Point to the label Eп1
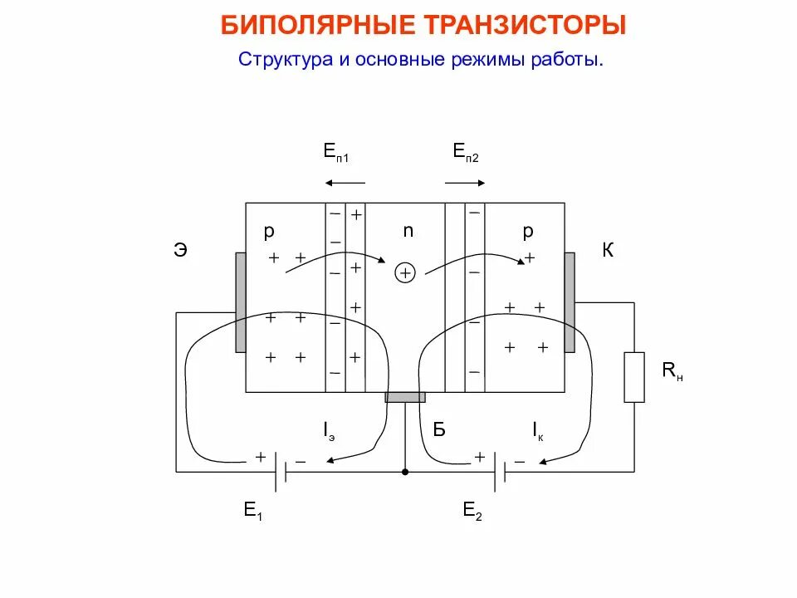click(335, 151)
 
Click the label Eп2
click(466, 151)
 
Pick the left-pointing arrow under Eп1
click(345, 183)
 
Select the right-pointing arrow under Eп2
click(465, 183)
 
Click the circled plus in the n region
click(404, 272)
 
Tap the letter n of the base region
click(408, 232)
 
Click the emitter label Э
click(180, 249)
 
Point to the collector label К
click(608, 249)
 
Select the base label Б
click(439, 429)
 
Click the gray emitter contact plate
click(241, 301)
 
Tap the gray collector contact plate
click(570, 301)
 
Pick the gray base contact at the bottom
click(405, 398)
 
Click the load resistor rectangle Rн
click(634, 377)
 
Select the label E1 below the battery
click(253, 512)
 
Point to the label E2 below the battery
click(472, 512)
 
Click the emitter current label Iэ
click(330, 430)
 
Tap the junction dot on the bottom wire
click(405, 472)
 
